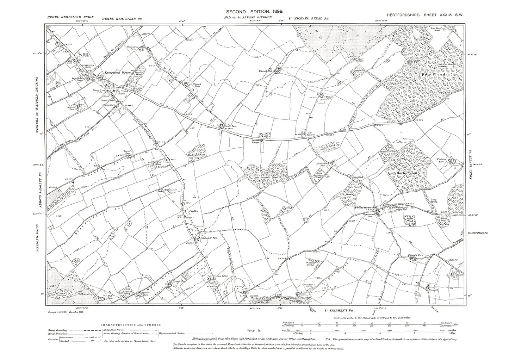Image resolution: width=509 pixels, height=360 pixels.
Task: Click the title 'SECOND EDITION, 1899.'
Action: (254, 12)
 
